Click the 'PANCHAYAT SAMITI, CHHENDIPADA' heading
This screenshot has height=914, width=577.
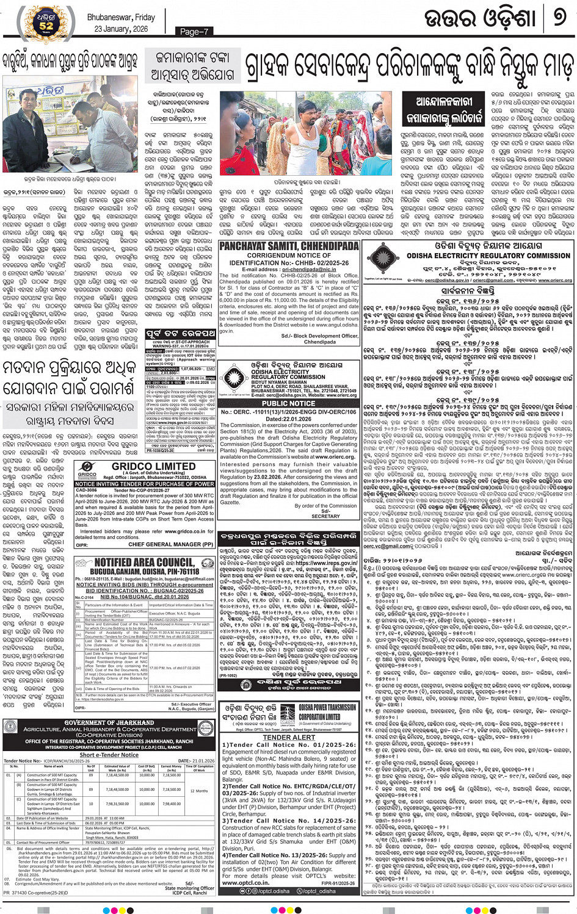289,246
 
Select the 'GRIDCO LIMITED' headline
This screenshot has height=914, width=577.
153,466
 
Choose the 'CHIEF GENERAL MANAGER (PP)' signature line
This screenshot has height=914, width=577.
171,544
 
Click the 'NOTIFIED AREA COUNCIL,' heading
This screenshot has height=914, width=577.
144,562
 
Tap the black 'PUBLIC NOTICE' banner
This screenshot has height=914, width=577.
289,403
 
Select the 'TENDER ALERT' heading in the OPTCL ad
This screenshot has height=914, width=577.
289,737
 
